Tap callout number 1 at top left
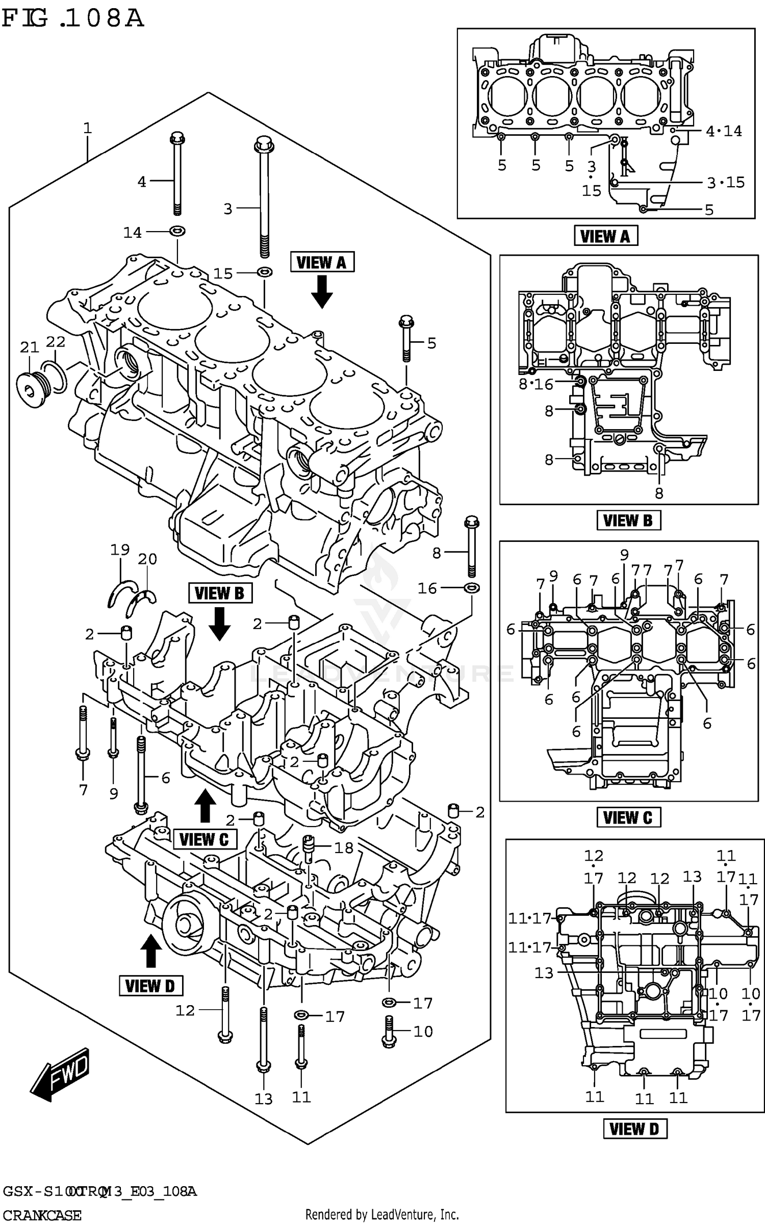coord(87,128)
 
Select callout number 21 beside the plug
coord(29,347)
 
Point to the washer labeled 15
coord(264,271)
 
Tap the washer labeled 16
coord(472,588)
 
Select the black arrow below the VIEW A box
coord(322,291)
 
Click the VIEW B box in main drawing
coord(220,593)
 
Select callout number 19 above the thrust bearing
coord(120,549)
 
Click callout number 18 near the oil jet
coord(344,848)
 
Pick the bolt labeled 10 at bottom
coord(389,1031)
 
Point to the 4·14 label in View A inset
coord(724,131)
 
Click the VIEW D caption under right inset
coord(634,1143)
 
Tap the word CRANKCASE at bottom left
coord(41,1215)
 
